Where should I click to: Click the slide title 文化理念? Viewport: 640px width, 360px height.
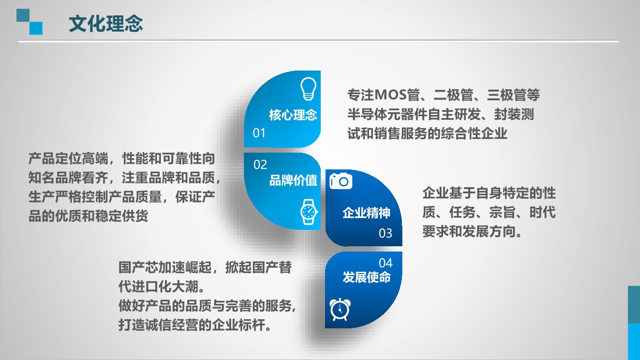click(106, 24)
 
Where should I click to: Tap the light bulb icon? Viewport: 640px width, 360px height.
click(308, 89)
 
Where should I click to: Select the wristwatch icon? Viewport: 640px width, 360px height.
click(309, 212)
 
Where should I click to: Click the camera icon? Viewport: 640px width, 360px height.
click(340, 180)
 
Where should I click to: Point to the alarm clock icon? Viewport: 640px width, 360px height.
click(340, 310)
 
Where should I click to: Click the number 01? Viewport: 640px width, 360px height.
click(259, 133)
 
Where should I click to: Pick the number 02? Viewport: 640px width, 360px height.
click(260, 165)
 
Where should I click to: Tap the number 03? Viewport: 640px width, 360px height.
click(386, 233)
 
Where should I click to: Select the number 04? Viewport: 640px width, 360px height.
click(386, 263)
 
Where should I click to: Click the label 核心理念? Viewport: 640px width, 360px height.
click(293, 115)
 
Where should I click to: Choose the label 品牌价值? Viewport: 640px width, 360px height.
click(293, 180)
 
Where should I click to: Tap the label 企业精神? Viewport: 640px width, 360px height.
click(366, 213)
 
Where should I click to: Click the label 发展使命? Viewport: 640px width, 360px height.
click(366, 277)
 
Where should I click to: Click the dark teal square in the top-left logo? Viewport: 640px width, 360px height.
click(23, 15)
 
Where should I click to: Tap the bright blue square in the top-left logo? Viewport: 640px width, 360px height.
click(36, 28)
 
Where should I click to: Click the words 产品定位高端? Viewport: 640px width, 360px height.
click(68, 158)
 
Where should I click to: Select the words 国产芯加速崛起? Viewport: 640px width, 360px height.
click(165, 268)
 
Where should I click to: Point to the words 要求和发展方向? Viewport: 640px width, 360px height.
click(472, 231)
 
